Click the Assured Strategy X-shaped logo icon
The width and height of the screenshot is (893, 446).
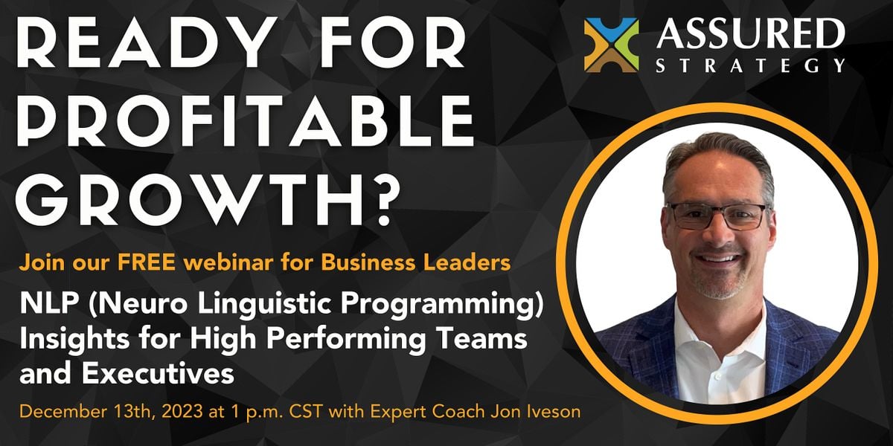611,45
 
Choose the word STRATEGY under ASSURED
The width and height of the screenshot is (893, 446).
750,65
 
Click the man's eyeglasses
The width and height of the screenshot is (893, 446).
716,216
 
